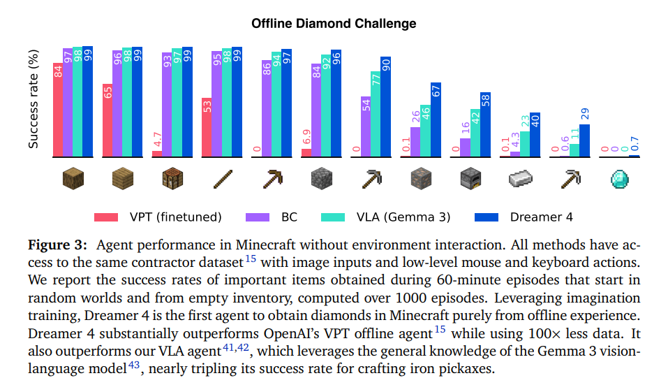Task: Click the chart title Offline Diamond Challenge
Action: pyautogui.click(x=334, y=24)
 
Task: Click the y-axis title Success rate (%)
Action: pyautogui.click(x=33, y=99)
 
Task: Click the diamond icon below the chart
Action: pyautogui.click(x=620, y=180)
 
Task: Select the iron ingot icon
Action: pyautogui.click(x=520, y=180)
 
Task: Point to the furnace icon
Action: pyautogui.click(x=470, y=180)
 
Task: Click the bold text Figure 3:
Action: pyautogui.click(x=57, y=245)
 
